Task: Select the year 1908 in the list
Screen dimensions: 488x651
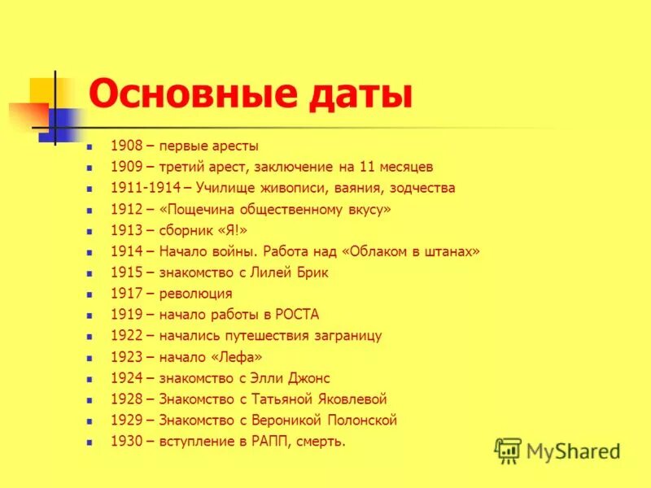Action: tap(126, 146)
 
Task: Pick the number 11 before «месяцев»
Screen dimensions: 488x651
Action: tap(364, 168)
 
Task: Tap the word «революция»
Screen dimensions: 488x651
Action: tap(195, 294)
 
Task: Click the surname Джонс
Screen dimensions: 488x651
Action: tap(309, 379)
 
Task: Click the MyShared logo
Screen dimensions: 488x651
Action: tap(557, 451)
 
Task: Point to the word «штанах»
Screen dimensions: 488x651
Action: tap(449, 252)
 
